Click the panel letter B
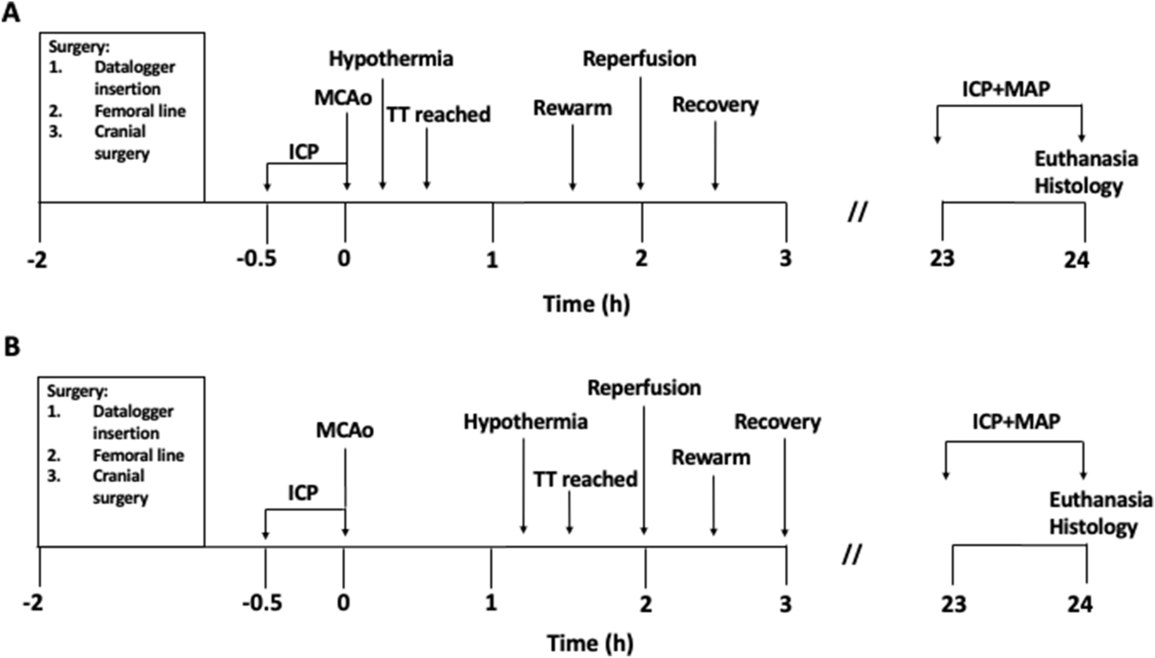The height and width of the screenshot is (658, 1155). [x=12, y=347]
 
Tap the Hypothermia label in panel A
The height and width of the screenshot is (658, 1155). [x=391, y=59]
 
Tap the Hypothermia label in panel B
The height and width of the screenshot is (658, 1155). [x=525, y=422]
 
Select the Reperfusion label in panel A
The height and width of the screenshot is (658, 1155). [x=639, y=59]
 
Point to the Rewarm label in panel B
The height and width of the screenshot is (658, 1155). [x=710, y=458]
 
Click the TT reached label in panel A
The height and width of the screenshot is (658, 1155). [x=438, y=115]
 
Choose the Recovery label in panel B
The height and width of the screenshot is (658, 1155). [x=777, y=422]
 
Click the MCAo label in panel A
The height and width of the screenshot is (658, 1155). [x=342, y=97]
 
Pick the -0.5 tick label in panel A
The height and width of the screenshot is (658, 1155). [x=257, y=258]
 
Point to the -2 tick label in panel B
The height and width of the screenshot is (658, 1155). [x=33, y=604]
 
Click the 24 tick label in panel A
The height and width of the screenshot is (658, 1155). [x=1076, y=259]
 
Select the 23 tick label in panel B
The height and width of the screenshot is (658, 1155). [x=953, y=605]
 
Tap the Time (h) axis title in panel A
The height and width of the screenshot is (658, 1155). [x=586, y=304]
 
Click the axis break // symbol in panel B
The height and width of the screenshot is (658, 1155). [x=851, y=555]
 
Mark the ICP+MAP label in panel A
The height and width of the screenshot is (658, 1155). [x=1006, y=89]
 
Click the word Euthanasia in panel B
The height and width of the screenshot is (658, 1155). [x=1100, y=500]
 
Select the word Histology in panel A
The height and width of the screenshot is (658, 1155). [x=1078, y=186]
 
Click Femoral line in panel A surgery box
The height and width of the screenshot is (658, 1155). [x=140, y=111]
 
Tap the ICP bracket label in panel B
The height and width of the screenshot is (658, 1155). [x=303, y=493]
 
